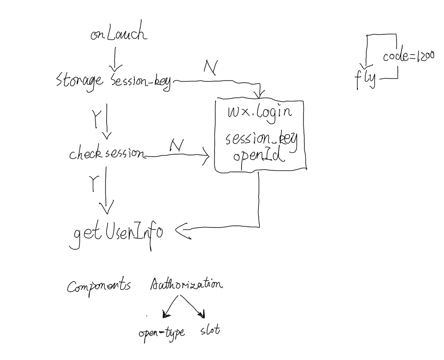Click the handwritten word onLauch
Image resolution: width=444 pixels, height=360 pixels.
coord(118,34)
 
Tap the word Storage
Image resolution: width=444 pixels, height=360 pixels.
coord(80,80)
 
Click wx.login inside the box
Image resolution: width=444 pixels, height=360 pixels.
coord(260,111)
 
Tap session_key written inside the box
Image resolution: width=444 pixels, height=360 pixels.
coord(262,140)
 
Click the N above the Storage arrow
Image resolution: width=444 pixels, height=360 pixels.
coord(211,68)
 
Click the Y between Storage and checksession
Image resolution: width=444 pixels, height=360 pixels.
coord(96,118)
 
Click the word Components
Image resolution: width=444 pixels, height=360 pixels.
coord(99,286)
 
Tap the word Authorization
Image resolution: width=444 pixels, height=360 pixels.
coord(186,284)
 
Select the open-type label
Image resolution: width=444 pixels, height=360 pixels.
coord(162,333)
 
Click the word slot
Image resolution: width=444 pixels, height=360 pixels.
coord(210,330)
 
